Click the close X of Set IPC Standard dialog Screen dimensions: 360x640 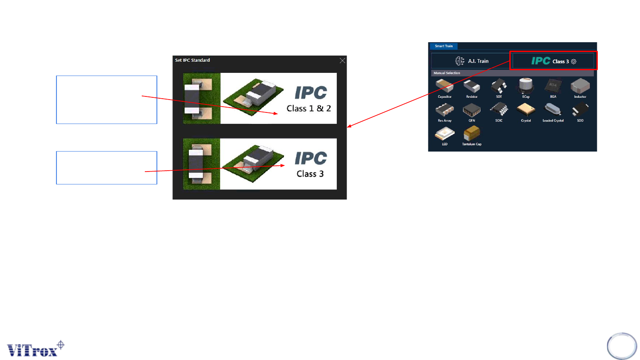pos(342,60)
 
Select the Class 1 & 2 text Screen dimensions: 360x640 pos(309,108)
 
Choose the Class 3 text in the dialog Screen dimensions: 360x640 pos(310,173)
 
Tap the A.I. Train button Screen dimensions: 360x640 pos(471,61)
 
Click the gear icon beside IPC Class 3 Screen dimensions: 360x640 pos(573,61)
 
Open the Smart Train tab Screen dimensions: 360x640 pos(443,46)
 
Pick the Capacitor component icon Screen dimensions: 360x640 pos(444,86)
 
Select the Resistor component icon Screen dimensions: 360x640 pos(472,86)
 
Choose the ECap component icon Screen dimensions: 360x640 pos(525,85)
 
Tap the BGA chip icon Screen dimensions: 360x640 pos(553,85)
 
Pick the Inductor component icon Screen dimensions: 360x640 pos(580,85)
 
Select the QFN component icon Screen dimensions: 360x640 pos(472,110)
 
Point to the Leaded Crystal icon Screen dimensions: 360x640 pos(553,110)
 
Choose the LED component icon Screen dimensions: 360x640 pos(444,133)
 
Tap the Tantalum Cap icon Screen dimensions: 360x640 pos(472,133)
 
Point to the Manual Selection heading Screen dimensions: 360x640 pos(447,72)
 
